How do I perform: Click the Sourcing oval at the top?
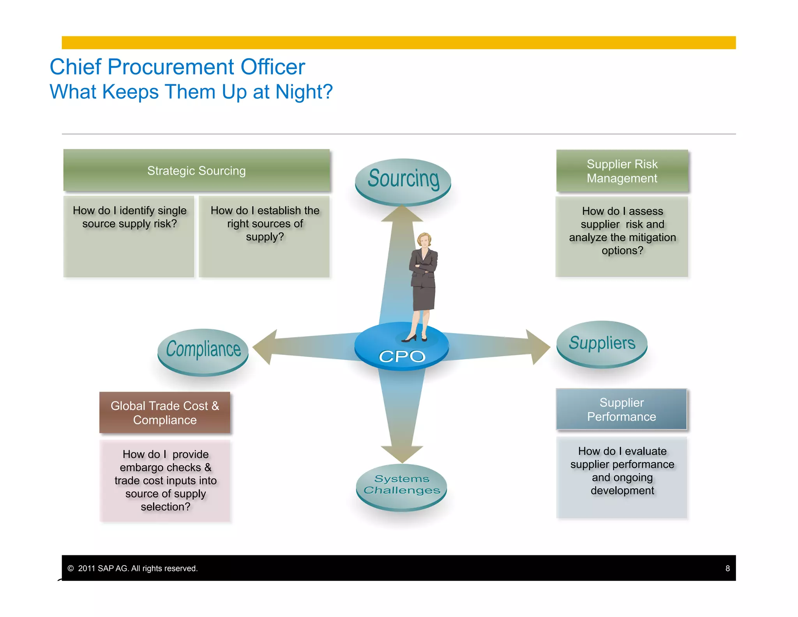[x=403, y=180]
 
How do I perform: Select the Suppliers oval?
[x=602, y=343]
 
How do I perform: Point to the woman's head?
[x=424, y=240]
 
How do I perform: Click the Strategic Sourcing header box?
[x=196, y=170]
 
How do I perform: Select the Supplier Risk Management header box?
[x=622, y=171]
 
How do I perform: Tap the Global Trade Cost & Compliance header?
[x=165, y=413]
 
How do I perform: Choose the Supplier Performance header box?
[x=621, y=410]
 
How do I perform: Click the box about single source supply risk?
[x=129, y=236]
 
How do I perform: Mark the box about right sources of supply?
[x=264, y=236]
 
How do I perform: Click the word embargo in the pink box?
[x=141, y=467]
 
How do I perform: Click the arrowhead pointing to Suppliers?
[x=538, y=347]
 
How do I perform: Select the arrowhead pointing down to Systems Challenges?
[x=402, y=454]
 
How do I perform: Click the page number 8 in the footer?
[x=727, y=568]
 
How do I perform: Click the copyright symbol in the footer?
[x=71, y=568]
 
